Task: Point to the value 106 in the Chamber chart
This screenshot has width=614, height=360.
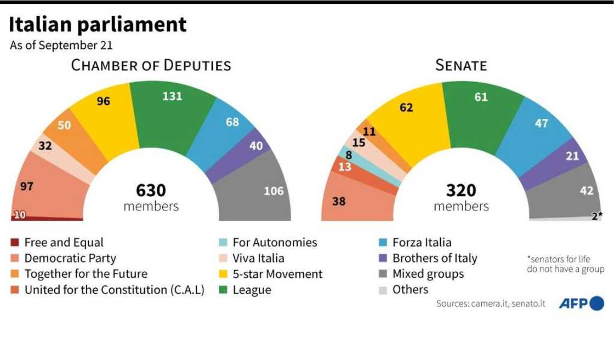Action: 274,191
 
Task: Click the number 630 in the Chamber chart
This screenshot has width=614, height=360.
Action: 151,190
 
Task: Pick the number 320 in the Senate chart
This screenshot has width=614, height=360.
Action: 461,190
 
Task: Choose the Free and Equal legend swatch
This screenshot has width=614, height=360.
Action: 15,242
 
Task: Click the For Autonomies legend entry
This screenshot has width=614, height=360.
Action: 275,242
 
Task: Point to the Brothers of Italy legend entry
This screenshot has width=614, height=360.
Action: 435,258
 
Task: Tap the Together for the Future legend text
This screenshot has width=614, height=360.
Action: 86,274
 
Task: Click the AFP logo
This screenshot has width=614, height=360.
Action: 581,303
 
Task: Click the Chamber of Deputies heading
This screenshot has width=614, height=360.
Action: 151,66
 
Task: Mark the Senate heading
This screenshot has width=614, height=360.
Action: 461,66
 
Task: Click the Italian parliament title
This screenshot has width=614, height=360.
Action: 98,25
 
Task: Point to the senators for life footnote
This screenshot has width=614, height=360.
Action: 565,264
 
